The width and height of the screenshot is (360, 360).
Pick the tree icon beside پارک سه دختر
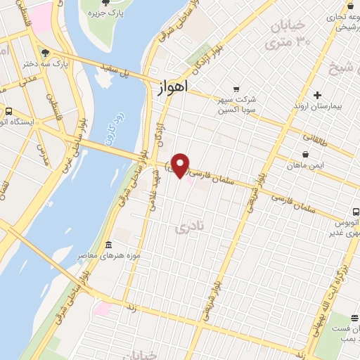click(x=46, y=52)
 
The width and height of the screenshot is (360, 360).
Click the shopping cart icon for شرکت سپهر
click(x=237, y=89)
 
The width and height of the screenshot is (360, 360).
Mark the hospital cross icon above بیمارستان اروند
click(x=318, y=95)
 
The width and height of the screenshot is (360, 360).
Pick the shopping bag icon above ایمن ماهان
click(x=306, y=154)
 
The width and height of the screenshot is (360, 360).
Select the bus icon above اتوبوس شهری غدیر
click(x=356, y=210)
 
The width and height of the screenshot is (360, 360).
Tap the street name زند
click(x=131, y=308)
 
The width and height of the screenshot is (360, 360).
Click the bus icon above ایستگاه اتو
click(x=8, y=111)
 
